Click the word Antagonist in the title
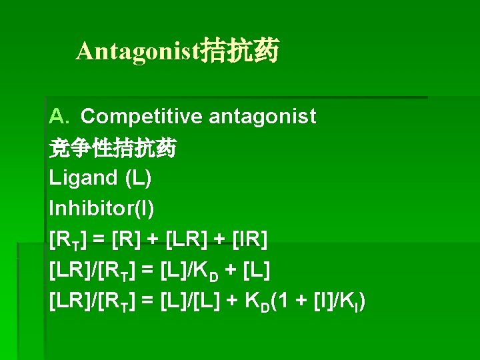[138, 51]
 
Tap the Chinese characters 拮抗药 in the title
[240, 51]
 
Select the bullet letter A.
[59, 117]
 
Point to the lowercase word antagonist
[262, 117]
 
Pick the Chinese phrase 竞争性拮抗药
[113, 148]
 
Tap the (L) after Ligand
[137, 178]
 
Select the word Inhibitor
[83, 209]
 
